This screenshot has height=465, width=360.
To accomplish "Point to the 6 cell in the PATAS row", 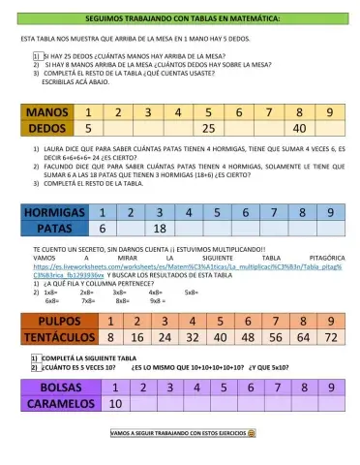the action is tap(103, 230).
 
